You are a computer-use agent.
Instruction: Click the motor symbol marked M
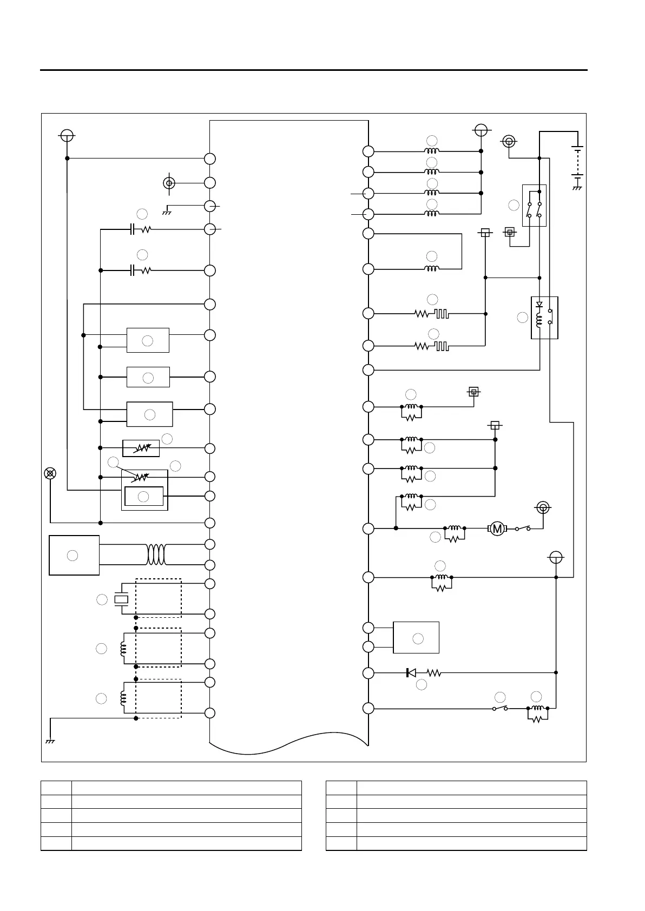click(497, 529)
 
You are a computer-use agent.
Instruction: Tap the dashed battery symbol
click(577, 161)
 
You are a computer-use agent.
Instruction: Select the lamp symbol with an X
click(50, 473)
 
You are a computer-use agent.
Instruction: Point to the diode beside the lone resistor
click(411, 673)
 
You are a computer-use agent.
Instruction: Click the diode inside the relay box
click(539, 305)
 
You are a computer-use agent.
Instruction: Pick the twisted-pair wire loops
click(156, 554)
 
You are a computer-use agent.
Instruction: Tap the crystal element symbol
click(122, 599)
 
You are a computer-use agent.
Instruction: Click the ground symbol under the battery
click(577, 188)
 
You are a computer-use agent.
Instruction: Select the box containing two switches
click(534, 206)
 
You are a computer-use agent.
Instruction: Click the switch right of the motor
click(523, 529)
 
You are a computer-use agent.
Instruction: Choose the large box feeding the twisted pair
click(74, 555)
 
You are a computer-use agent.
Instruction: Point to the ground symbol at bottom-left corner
click(50, 741)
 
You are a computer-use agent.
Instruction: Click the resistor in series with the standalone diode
click(434, 673)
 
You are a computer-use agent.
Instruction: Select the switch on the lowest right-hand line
click(500, 708)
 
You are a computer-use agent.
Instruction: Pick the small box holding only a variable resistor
click(141, 448)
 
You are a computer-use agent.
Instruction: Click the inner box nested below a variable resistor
click(143, 496)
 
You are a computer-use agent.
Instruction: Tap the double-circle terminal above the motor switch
click(543, 507)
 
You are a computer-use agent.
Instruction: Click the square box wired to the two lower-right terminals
click(416, 638)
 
